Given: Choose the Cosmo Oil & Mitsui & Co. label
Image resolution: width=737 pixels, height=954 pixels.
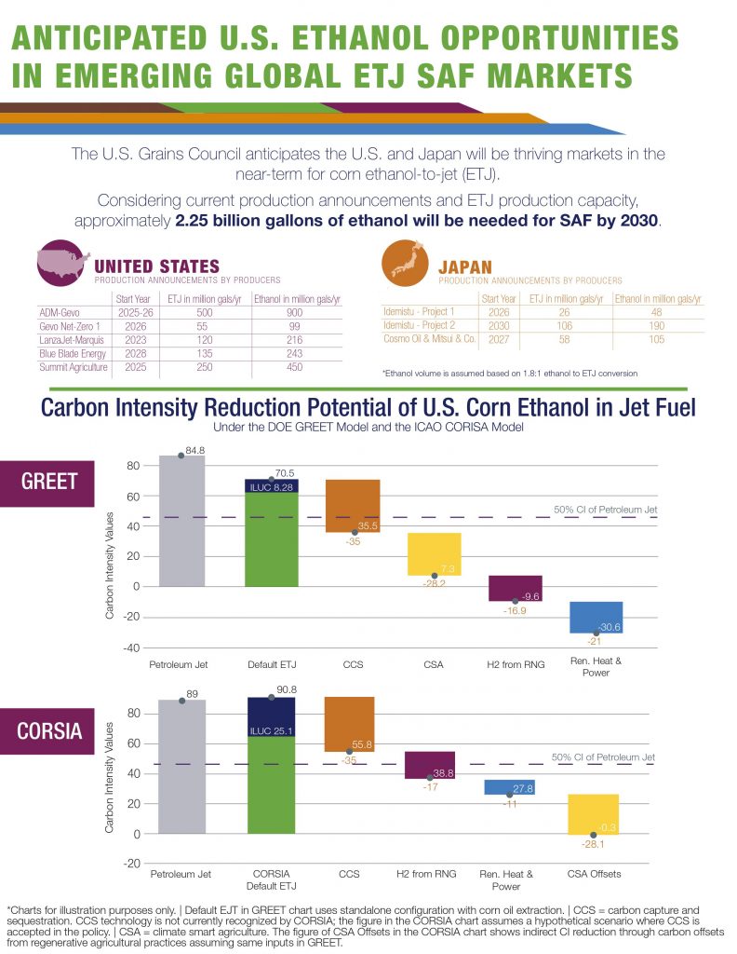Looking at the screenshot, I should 430,338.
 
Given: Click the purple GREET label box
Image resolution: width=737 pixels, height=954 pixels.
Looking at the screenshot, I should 50,482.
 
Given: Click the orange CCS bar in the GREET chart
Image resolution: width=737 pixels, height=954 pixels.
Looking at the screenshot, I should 353,506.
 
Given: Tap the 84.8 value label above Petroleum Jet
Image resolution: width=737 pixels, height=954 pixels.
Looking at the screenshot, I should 195,450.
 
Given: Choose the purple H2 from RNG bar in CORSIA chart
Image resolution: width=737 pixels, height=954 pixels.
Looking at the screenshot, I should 429,764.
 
